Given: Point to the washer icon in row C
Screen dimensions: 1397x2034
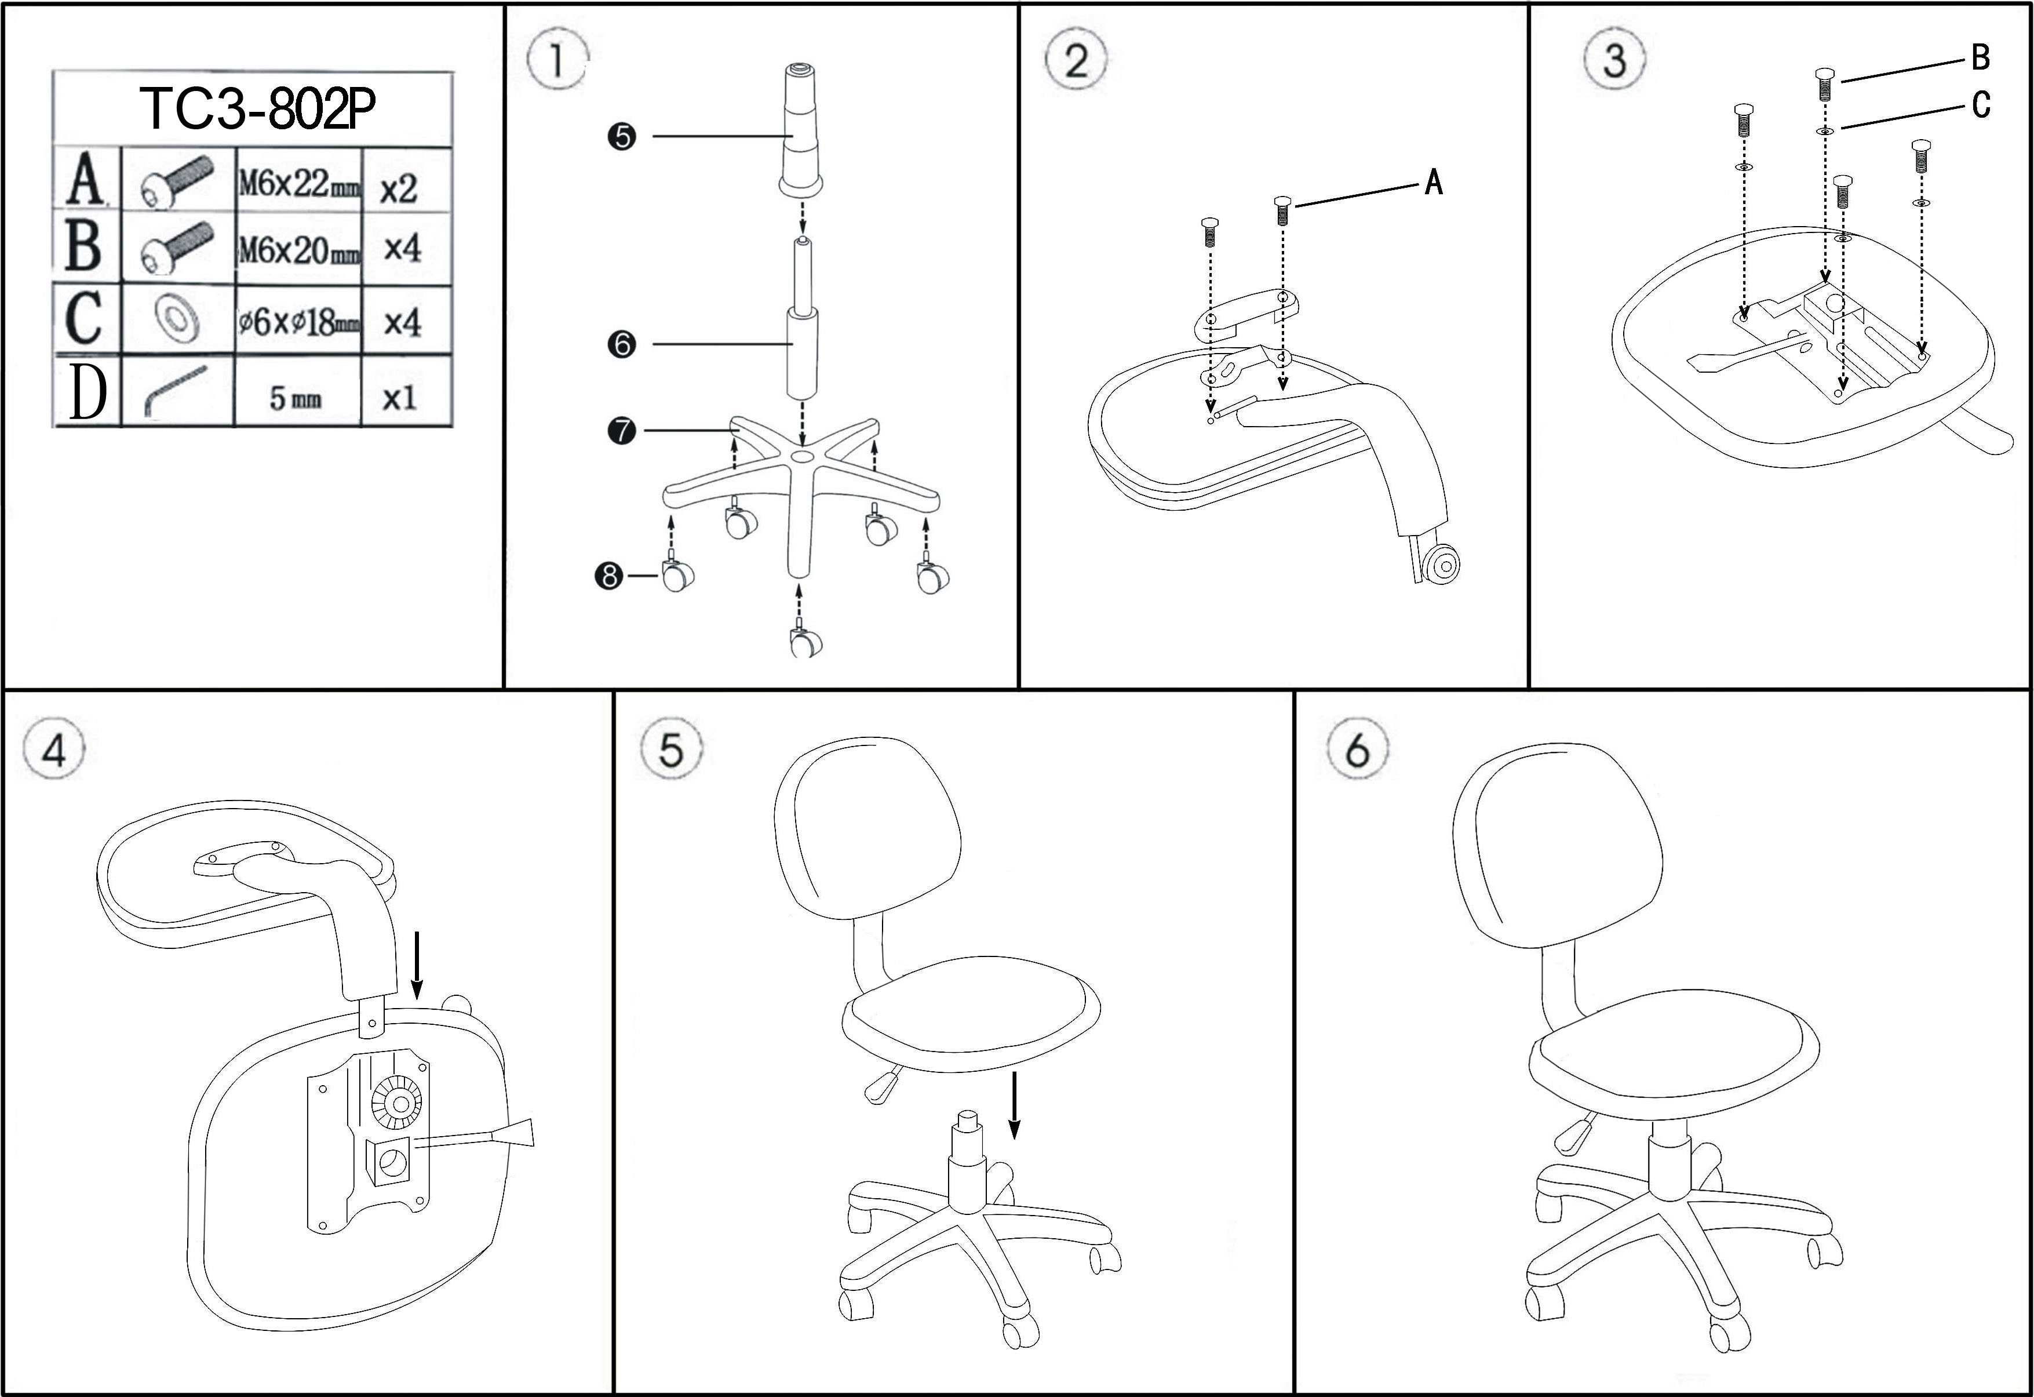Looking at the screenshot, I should [177, 318].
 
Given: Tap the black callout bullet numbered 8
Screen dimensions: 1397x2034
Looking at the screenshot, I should [608, 576].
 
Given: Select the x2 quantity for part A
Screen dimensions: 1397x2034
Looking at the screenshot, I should [399, 187].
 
